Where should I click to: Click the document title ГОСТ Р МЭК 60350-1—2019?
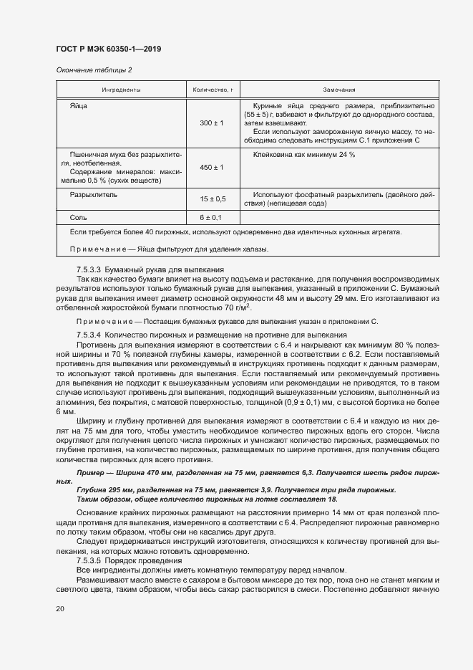pos(108,49)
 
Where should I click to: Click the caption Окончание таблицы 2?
pos(94,70)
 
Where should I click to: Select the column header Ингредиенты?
pos(120,90)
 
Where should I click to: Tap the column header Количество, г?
pos(212,90)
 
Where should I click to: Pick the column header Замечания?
pos(339,90)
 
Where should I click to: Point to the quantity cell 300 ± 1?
pos(212,123)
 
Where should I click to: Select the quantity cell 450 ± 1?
pos(212,167)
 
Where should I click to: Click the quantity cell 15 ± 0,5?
pos(212,198)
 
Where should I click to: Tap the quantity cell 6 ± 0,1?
pos(212,217)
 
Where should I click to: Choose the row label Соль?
pos(78,217)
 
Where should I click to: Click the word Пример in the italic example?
pos(91,474)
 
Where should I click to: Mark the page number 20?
pos(60,608)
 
